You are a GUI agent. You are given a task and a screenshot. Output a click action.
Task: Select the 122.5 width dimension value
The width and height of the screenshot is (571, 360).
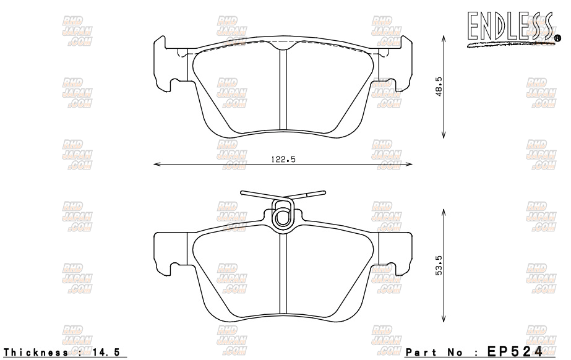283,159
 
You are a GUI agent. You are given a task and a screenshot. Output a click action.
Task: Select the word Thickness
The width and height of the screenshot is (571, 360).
35,352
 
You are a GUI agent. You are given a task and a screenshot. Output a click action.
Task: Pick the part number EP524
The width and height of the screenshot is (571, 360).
515,351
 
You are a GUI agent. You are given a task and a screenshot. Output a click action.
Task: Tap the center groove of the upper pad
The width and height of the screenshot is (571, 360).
283,90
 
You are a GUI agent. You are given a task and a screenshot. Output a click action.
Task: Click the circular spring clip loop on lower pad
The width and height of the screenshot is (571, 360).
282,216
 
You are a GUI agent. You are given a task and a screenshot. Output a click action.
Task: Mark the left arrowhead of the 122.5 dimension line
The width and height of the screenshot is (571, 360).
156,165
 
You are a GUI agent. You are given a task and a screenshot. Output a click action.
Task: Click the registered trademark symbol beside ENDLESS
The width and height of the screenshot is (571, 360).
557,38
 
